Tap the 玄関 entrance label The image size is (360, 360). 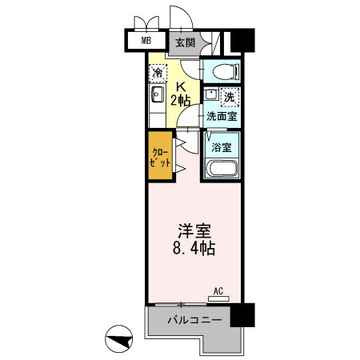coord(186,42)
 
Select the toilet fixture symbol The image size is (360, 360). coord(222,71)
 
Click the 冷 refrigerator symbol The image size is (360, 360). coord(158,73)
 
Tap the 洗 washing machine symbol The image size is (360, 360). coord(229,97)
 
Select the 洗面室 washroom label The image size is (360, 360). coord(220,116)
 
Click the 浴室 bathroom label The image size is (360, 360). coord(222,147)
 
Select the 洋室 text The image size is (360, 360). coord(194,229)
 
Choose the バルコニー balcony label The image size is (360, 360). coord(194,320)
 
